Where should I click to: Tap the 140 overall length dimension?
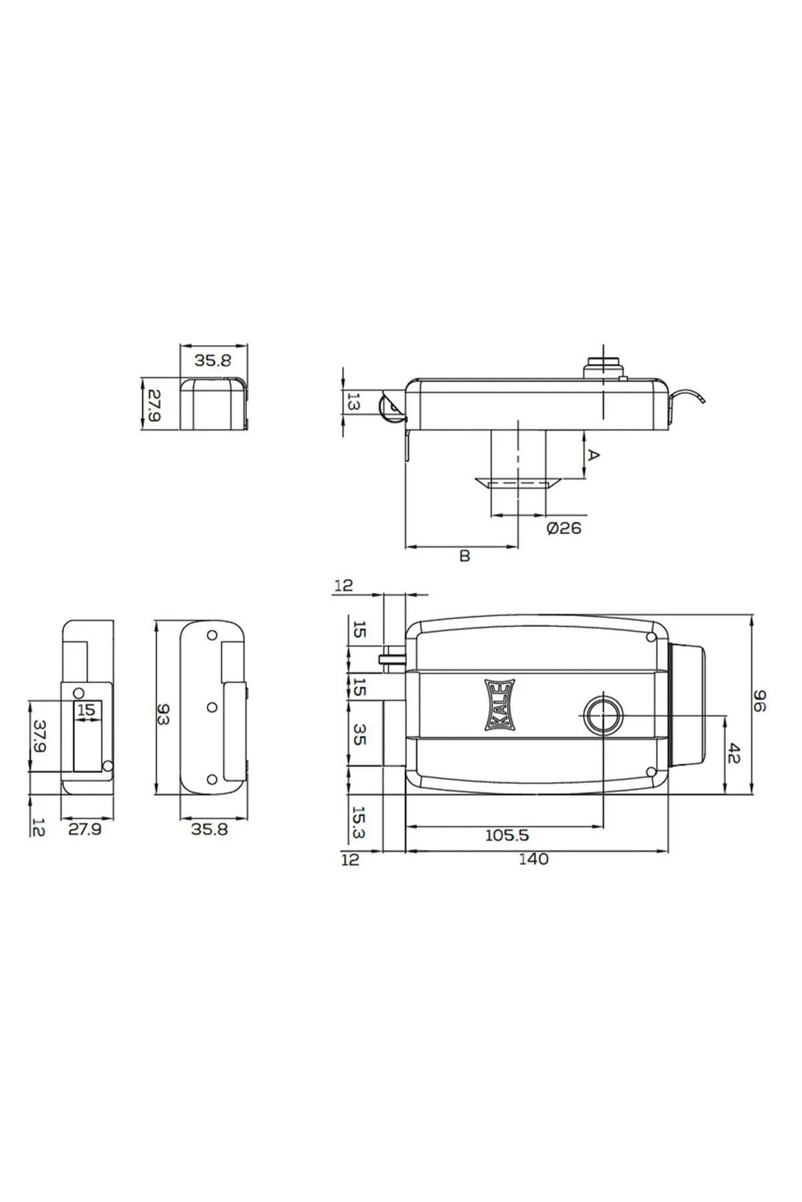(533, 859)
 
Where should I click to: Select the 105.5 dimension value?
(506, 835)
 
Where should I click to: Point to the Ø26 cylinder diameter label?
(564, 528)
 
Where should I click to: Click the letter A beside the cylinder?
(593, 455)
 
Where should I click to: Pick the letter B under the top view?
(465, 556)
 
